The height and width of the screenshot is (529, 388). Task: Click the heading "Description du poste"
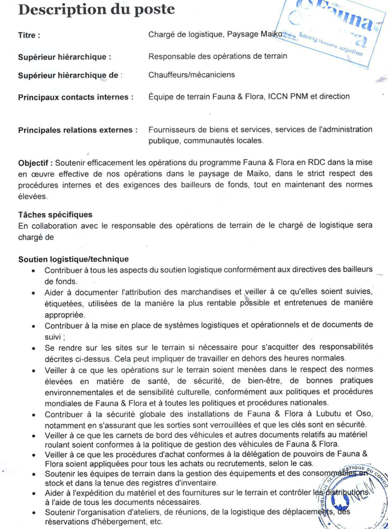click(97, 10)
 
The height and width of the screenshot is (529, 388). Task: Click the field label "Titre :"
click(29, 35)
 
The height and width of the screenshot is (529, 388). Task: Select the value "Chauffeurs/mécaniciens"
click(192, 76)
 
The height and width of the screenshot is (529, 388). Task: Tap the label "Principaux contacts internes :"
click(76, 97)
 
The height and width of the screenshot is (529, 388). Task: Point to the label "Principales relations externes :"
click(77, 130)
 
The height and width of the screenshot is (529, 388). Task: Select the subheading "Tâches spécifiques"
click(55, 215)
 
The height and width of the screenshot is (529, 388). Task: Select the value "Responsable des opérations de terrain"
click(218, 56)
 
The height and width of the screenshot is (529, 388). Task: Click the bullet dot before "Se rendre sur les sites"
click(34, 347)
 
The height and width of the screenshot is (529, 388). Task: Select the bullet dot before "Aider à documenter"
click(34, 293)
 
